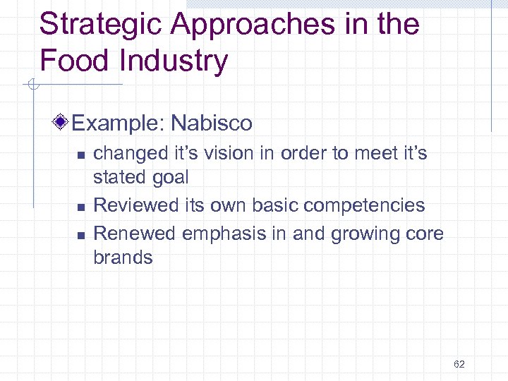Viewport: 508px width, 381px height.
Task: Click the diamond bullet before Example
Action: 62,123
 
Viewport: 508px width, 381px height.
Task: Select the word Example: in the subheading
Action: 117,123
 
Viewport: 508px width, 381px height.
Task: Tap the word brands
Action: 123,257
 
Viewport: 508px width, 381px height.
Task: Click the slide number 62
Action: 459,364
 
